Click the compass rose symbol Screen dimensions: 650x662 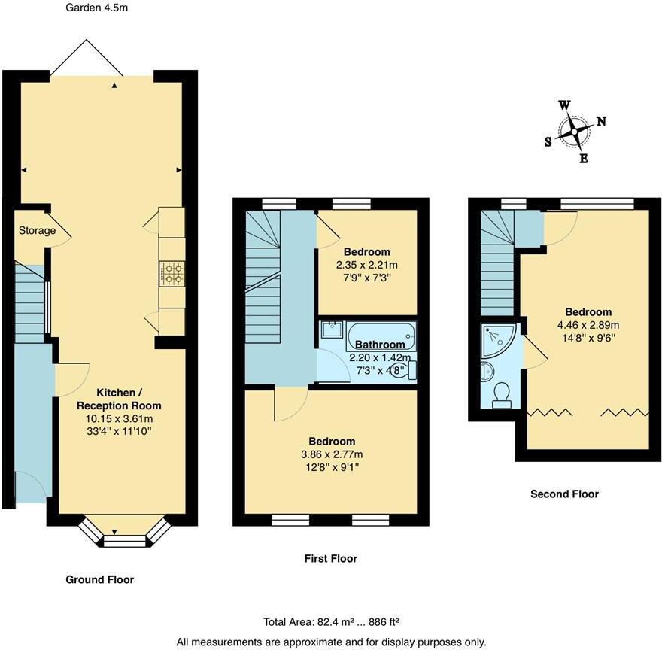tap(575, 132)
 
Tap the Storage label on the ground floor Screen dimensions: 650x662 tap(38, 230)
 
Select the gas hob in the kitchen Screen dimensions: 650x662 tap(172, 274)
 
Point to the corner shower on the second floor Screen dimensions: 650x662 tap(497, 339)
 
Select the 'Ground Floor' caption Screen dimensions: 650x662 tap(99, 579)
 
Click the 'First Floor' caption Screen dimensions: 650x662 tap(330, 558)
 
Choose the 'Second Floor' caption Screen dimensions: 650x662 tap(564, 494)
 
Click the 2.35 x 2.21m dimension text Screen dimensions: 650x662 tap(366, 265)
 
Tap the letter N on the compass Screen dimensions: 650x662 tap(601, 121)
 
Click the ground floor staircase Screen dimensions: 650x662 tap(31, 301)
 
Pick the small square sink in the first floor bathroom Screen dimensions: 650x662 tap(332, 330)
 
